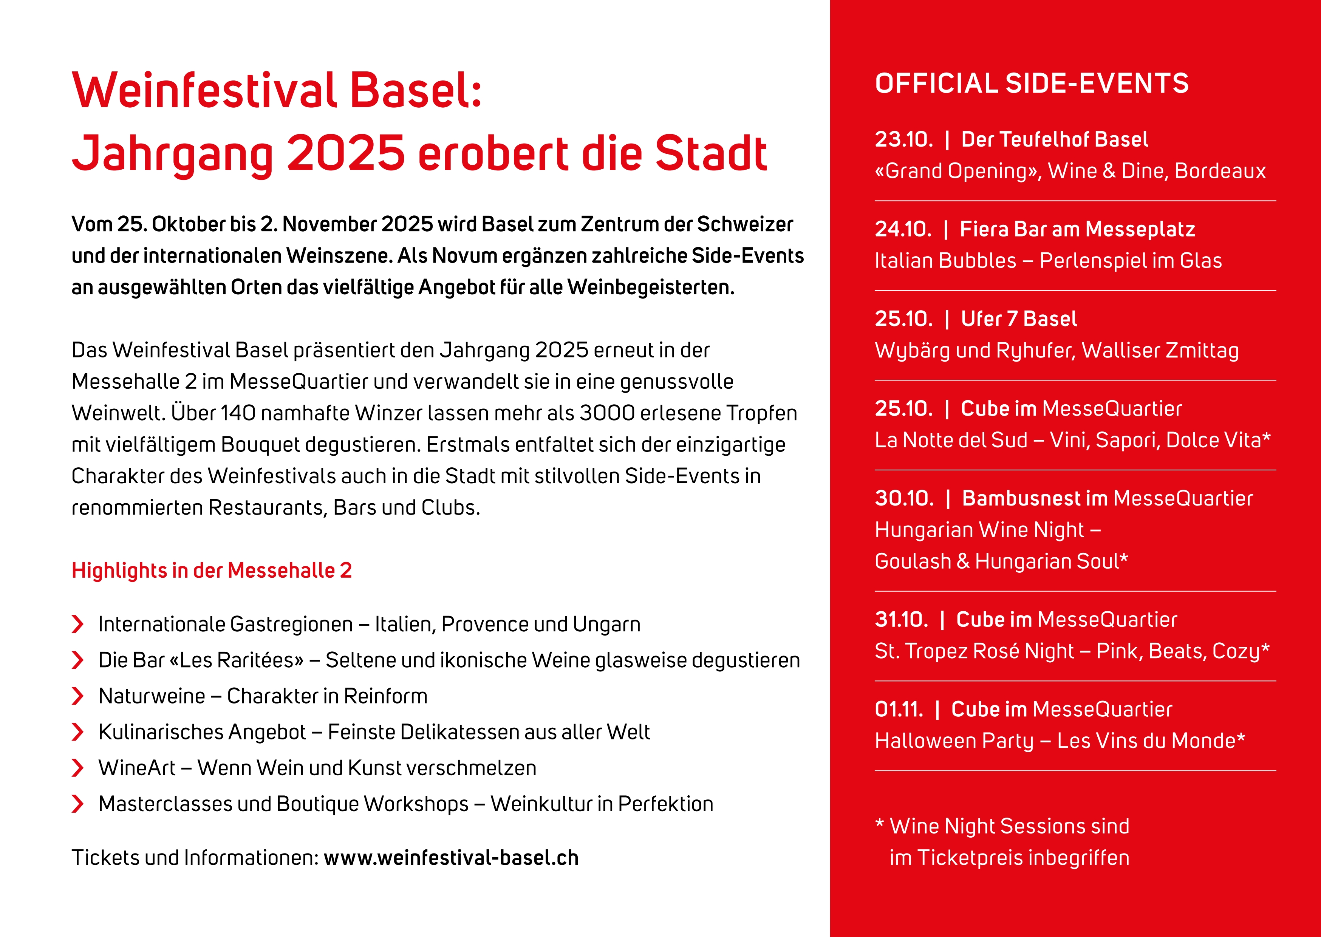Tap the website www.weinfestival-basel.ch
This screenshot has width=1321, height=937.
click(451, 858)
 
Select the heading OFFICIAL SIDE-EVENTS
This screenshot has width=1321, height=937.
click(1032, 83)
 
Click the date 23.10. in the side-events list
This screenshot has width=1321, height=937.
click(903, 140)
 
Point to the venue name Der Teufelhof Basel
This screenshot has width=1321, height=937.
click(1055, 140)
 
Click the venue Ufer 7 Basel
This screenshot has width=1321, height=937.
click(1019, 319)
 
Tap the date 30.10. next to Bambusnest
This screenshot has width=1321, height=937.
click(904, 498)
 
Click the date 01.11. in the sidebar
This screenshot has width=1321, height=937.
click(899, 710)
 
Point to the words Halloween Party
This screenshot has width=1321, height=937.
click(954, 741)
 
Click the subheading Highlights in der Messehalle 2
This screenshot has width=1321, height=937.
click(212, 571)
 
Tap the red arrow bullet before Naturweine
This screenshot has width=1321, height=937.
click(77, 696)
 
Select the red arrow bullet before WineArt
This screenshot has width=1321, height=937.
click(77, 768)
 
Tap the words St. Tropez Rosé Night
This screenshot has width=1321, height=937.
click(974, 651)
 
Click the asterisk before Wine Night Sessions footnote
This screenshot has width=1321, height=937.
click(880, 823)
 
